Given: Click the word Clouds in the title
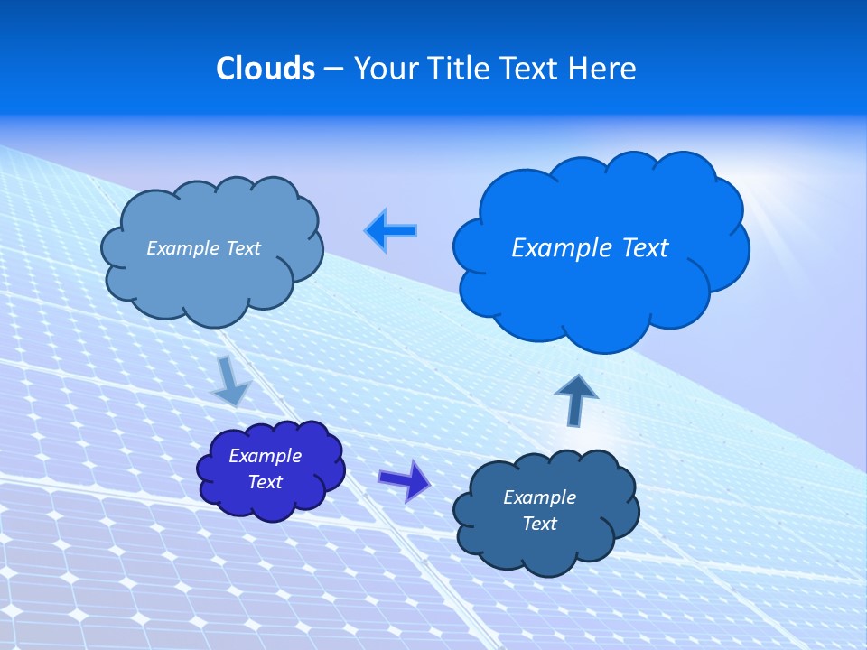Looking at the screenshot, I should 266,69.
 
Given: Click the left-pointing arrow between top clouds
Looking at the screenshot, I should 391,231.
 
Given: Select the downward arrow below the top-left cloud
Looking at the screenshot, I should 230,381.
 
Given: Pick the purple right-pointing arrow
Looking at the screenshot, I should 405,479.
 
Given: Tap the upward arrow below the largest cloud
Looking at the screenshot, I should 576,398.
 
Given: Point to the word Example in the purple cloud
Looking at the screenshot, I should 265,456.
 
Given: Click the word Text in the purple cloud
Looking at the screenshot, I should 265,482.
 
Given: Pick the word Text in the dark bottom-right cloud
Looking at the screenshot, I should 539,524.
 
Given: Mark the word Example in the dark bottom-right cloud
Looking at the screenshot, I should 539,497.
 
